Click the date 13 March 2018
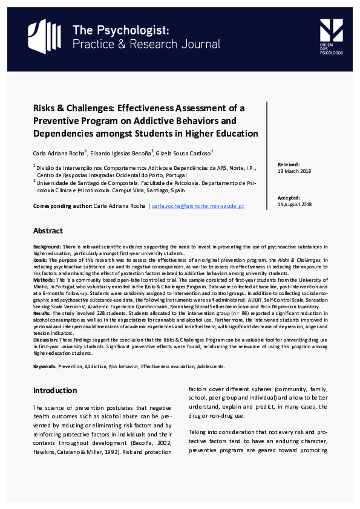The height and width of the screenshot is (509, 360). [x=293, y=171]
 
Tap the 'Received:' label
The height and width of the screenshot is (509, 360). [x=288, y=164]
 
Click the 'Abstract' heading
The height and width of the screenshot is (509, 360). [x=48, y=231]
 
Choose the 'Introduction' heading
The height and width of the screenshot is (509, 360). [x=55, y=391]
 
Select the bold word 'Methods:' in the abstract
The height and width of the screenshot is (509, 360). [x=44, y=281]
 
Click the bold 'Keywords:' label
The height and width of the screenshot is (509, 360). [x=45, y=366]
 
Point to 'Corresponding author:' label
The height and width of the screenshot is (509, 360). [x=62, y=206]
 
